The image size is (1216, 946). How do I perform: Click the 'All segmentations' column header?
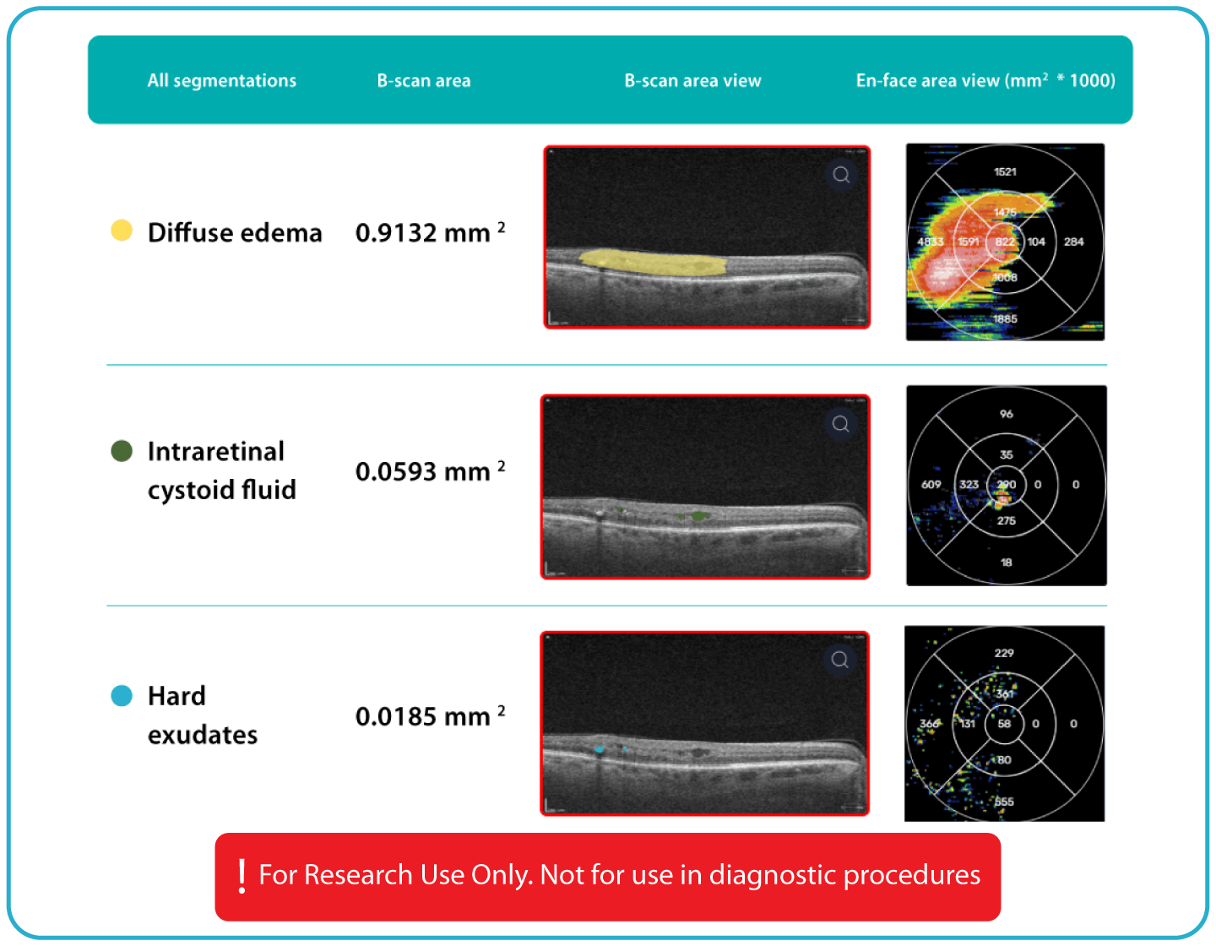click(x=221, y=81)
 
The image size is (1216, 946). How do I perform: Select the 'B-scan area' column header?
click(x=423, y=81)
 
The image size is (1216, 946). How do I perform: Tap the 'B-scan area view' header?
click(x=692, y=81)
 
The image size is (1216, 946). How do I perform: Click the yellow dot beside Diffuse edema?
click(x=122, y=231)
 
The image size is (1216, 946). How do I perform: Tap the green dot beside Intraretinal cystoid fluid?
click(x=122, y=451)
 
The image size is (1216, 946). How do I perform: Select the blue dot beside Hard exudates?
click(x=122, y=696)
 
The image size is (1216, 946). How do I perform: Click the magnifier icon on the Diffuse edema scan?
click(x=841, y=175)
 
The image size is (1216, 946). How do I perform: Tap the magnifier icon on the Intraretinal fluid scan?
click(x=841, y=424)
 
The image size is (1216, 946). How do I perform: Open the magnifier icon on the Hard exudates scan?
click(x=840, y=660)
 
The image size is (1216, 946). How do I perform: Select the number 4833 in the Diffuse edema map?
click(x=930, y=242)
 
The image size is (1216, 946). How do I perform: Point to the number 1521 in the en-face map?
click(x=1005, y=172)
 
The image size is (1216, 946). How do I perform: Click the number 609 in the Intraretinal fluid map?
click(x=931, y=485)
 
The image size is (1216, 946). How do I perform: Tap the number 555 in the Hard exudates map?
click(x=1004, y=802)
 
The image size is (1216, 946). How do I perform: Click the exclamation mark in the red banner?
click(x=242, y=876)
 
